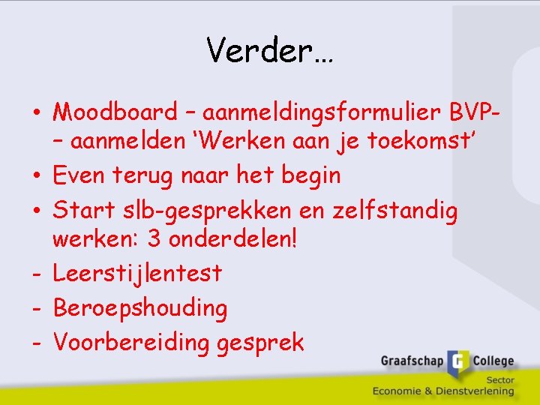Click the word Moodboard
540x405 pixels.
(115, 112)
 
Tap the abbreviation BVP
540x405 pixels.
(469, 112)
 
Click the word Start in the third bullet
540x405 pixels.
(82, 211)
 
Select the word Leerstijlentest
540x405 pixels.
(137, 274)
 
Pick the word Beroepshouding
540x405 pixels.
(140, 308)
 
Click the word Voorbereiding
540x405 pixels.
(132, 343)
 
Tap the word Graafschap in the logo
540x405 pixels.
(411, 361)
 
